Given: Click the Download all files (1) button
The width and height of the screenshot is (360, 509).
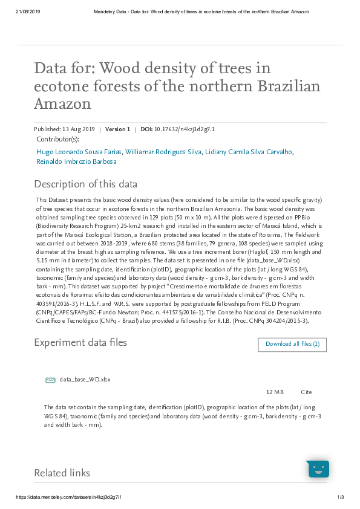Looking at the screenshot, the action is (x=292, y=345).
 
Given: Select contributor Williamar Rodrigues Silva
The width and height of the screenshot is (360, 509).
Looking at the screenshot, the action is (x=162, y=152).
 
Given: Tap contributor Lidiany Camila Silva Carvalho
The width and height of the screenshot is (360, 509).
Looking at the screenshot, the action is (x=249, y=152).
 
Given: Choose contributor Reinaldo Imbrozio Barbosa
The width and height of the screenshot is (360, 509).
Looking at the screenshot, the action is (x=76, y=161).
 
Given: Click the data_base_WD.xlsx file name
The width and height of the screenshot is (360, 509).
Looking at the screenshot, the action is (x=85, y=380).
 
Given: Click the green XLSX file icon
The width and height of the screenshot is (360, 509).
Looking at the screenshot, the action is (x=50, y=380).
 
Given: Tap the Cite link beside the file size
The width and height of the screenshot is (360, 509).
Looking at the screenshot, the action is (x=306, y=392).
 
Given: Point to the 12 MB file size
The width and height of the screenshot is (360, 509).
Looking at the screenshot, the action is (x=275, y=392).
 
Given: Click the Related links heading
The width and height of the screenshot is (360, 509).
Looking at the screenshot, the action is (x=62, y=473).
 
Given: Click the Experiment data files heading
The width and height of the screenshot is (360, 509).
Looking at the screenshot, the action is (x=80, y=343).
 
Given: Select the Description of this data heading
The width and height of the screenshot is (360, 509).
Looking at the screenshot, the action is (x=85, y=184).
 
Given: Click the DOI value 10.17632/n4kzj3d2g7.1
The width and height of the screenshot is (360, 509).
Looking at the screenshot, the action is (x=185, y=129).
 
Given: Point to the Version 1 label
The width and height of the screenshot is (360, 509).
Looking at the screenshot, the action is (x=117, y=129).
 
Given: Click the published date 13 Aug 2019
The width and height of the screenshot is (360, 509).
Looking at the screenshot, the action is (x=79, y=129).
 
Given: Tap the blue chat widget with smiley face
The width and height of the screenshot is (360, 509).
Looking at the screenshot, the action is (x=318, y=469).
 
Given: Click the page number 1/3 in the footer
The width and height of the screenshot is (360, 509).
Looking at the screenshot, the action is (x=340, y=497).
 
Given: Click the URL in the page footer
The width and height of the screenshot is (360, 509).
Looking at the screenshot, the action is (x=68, y=497).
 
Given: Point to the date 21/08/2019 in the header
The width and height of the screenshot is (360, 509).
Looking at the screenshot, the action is (x=27, y=11).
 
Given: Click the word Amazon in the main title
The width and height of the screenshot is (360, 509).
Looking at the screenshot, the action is (x=62, y=103).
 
